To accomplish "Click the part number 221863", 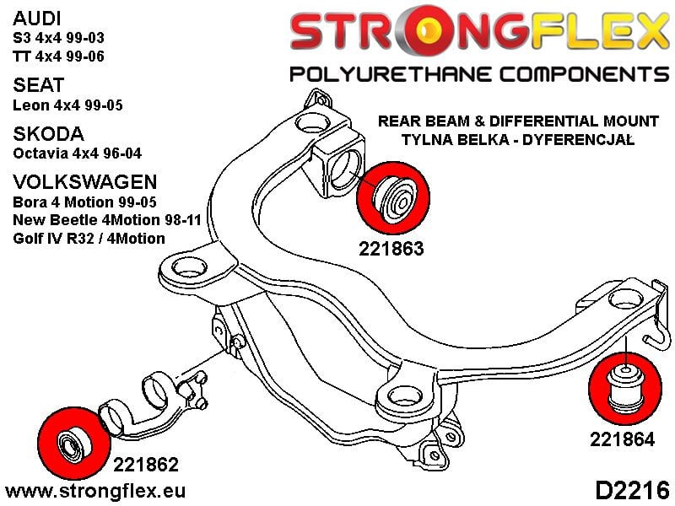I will tap(389, 250).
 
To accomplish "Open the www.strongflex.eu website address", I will tap(95, 489).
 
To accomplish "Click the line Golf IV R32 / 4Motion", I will tap(89, 239).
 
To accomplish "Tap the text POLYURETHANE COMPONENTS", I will tap(478, 74).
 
